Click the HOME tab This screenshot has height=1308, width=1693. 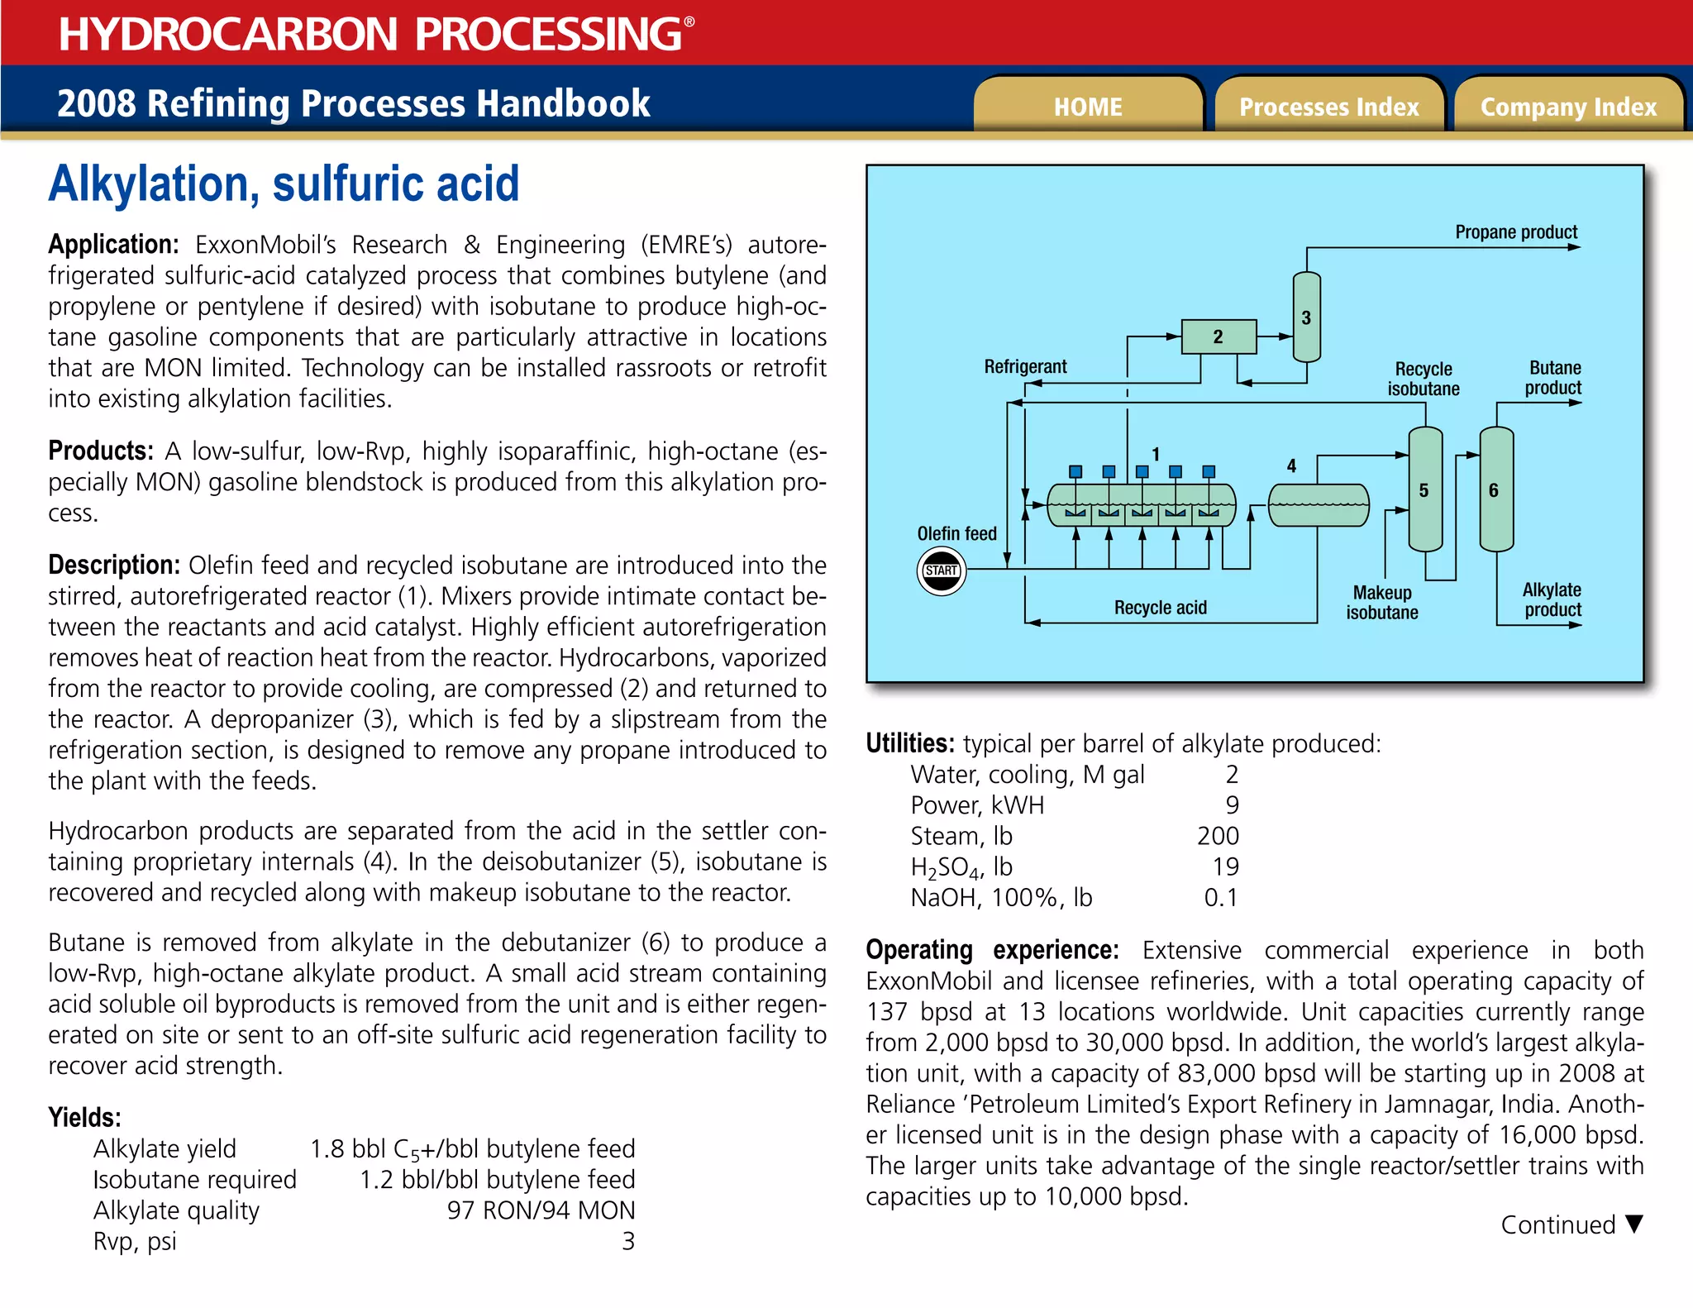[1087, 107]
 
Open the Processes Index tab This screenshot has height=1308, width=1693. [1328, 107]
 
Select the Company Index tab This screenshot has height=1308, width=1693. [1568, 107]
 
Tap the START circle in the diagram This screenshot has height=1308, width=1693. [941, 570]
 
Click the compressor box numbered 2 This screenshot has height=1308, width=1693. [1218, 337]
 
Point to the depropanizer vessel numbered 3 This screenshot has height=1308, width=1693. [1306, 318]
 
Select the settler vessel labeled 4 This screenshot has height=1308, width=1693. [1318, 506]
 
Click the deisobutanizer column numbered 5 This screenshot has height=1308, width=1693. [1424, 490]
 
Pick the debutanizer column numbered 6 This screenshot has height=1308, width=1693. [1495, 490]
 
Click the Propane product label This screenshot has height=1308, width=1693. [1516, 232]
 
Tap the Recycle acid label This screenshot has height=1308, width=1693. [1160, 608]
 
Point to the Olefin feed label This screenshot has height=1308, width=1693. [956, 534]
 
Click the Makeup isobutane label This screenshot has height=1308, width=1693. [1381, 603]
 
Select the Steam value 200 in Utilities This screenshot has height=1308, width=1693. [1218, 836]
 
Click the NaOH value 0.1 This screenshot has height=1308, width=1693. [1221, 898]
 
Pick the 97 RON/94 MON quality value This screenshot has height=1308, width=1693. [541, 1210]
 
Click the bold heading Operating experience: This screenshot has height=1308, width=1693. [992, 950]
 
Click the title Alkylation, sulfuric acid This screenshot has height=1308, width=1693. [284, 184]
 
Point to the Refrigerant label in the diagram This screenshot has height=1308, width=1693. [1025, 366]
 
